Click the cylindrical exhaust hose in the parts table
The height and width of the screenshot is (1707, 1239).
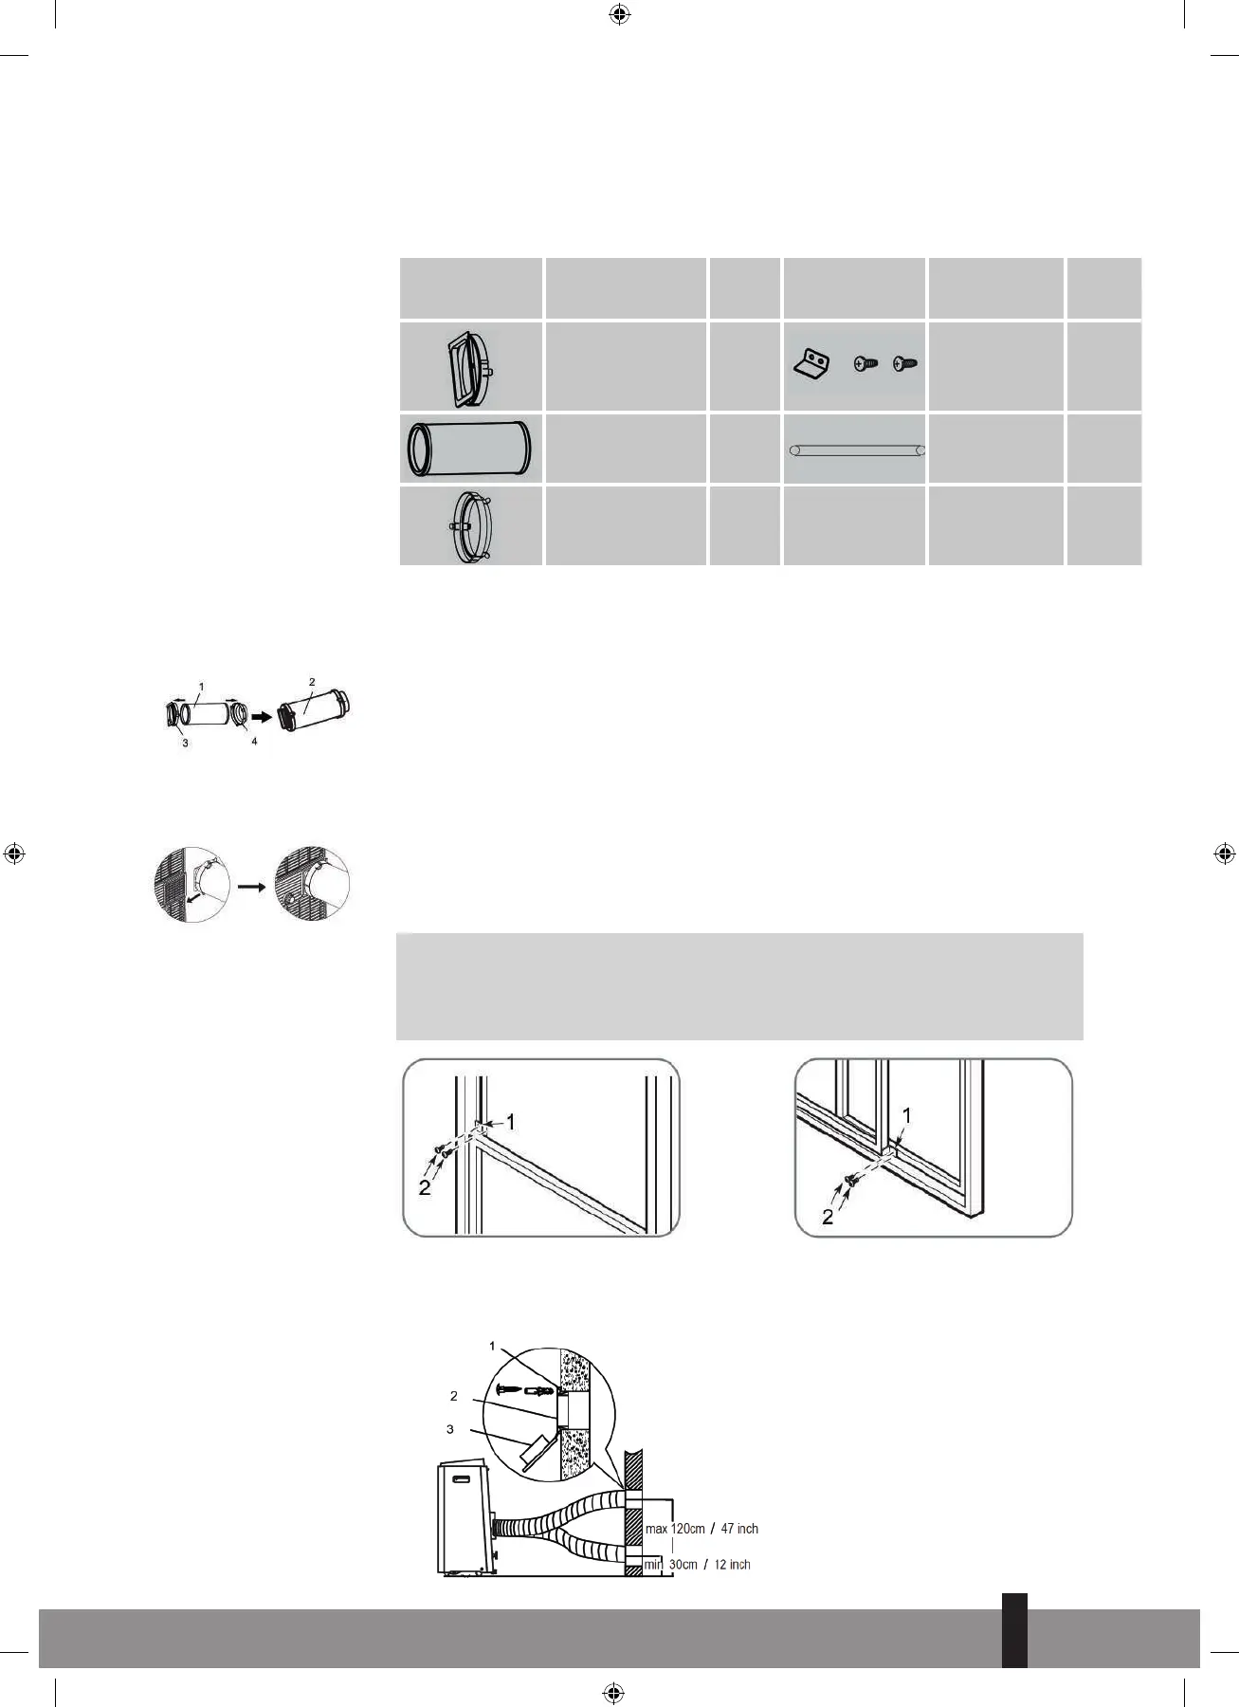(469, 450)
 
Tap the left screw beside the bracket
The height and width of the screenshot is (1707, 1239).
(865, 363)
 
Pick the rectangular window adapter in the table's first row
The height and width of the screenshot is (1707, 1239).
(467, 368)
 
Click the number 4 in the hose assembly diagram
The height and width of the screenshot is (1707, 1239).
(254, 741)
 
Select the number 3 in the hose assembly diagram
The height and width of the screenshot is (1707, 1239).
(185, 743)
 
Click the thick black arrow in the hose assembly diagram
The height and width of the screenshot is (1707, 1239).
(262, 716)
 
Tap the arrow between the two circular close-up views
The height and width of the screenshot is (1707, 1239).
(251, 887)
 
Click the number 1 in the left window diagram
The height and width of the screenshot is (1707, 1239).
(511, 1123)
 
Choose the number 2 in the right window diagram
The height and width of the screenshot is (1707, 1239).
(828, 1217)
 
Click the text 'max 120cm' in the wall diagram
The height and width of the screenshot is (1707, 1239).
(675, 1529)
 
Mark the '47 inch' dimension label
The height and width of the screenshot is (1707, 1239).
(739, 1529)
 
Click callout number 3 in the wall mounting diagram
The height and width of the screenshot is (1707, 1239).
(450, 1429)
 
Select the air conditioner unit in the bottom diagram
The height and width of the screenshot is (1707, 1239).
(465, 1518)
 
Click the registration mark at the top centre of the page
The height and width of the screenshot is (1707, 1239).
(619, 13)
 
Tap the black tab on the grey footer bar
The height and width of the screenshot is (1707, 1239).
(1014, 1630)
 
